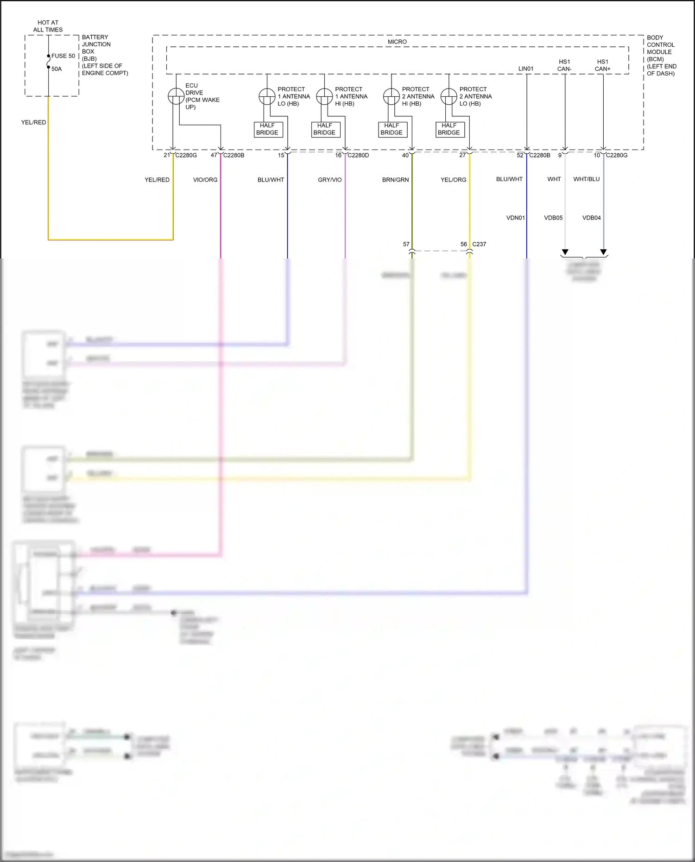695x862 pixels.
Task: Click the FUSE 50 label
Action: (x=63, y=56)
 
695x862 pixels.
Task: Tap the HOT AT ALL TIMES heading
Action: (x=48, y=26)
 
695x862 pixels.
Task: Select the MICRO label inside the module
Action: (x=397, y=42)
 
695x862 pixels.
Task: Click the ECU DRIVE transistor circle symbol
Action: (x=176, y=96)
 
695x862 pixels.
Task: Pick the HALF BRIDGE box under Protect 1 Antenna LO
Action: (x=267, y=129)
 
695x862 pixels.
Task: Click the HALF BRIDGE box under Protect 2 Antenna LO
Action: (x=449, y=129)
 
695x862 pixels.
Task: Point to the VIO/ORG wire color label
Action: (x=205, y=180)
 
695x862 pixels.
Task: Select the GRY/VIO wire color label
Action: (x=329, y=180)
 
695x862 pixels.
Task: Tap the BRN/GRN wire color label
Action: (x=395, y=180)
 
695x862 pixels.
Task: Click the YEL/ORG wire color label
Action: (x=453, y=180)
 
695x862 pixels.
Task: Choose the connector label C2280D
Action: (x=358, y=155)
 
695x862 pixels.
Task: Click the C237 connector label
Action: (x=479, y=244)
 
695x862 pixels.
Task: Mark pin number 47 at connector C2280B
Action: (x=214, y=155)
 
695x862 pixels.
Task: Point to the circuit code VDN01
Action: (x=515, y=218)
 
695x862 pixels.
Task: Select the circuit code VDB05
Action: (x=553, y=218)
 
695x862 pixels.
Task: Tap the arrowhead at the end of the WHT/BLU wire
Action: (x=603, y=252)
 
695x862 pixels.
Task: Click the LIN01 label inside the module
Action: (x=526, y=69)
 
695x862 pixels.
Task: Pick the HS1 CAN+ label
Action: (x=602, y=65)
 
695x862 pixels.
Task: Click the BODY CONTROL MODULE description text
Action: (x=661, y=56)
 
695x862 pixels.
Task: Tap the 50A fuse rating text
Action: (x=57, y=69)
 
